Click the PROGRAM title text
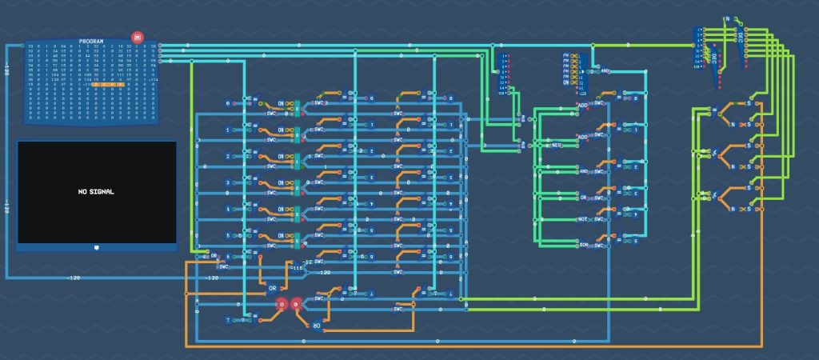click(91, 41)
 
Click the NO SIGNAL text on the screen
click(96, 192)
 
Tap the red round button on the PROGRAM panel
click(137, 38)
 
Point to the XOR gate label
click(583, 244)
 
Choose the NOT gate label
click(583, 219)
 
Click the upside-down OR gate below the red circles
click(317, 326)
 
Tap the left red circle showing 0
click(281, 305)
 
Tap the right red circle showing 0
click(296, 305)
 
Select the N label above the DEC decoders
click(726, 18)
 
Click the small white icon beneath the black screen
click(96, 246)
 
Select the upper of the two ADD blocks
click(583, 106)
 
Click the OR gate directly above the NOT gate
click(583, 197)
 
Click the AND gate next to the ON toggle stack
click(605, 70)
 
